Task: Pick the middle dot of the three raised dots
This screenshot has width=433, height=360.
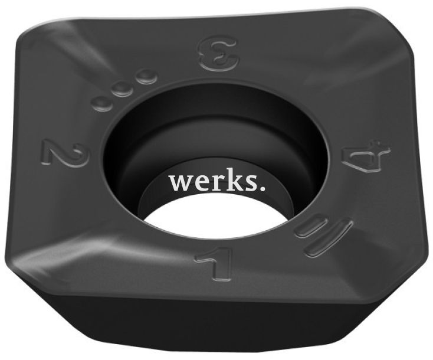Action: (122, 89)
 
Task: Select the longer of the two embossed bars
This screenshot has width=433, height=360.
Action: (328, 236)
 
